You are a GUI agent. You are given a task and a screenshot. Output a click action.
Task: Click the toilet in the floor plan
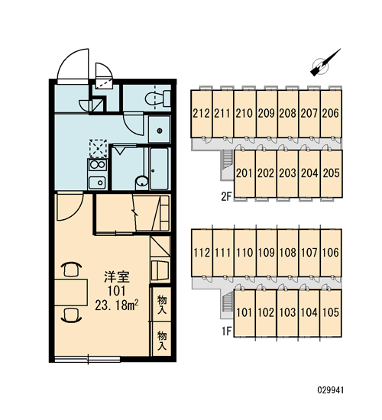point(158,99)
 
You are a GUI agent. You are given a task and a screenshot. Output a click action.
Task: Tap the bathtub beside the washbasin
point(160,168)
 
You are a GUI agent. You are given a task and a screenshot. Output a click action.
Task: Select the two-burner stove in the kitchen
point(97,165)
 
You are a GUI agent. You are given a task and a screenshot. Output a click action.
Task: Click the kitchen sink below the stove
point(97,183)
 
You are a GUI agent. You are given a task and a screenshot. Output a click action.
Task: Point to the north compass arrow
point(325,63)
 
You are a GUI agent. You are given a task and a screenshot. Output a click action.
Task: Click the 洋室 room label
point(117,277)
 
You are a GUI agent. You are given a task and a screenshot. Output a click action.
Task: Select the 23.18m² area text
point(117,305)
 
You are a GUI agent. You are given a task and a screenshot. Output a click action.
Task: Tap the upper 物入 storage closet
point(162,304)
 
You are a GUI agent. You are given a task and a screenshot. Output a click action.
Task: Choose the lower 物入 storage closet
point(162,339)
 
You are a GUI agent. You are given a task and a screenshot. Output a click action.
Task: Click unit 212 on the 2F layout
point(202,114)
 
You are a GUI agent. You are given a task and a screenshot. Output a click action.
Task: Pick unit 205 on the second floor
point(332,173)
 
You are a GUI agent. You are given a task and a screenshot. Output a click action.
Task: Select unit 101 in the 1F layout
point(244,312)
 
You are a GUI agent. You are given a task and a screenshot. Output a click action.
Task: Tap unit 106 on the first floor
point(331,253)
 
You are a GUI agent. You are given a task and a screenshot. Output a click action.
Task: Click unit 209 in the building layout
point(267,114)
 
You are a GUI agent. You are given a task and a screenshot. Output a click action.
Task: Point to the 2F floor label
point(226,197)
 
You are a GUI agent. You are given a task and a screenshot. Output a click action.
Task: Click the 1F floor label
point(226,331)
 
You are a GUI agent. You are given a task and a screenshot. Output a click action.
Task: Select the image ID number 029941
point(330,390)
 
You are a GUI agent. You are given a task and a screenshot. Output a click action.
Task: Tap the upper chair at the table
point(71,269)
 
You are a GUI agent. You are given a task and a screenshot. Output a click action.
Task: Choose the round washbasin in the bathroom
point(142,181)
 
